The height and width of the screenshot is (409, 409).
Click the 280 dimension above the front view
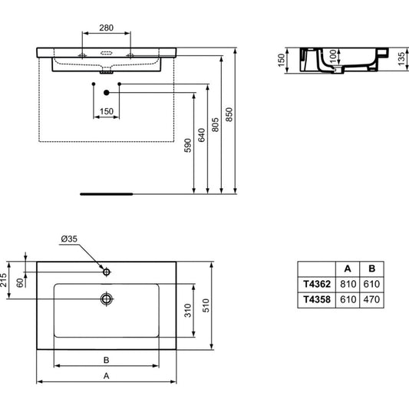[x=106, y=28]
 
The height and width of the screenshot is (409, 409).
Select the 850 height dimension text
[x=229, y=114]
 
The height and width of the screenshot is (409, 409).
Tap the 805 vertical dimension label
[x=215, y=124]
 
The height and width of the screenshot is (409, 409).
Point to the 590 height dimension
[x=187, y=145]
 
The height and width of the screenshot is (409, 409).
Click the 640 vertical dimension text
[x=201, y=135]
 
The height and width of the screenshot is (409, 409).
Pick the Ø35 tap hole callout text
[x=69, y=239]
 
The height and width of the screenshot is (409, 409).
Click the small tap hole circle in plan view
[x=106, y=272]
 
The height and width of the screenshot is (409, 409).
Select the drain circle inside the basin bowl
[x=107, y=299]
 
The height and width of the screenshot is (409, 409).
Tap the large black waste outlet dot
[x=106, y=93]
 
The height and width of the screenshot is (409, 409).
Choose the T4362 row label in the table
[x=317, y=284]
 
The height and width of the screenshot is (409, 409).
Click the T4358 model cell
[x=317, y=299]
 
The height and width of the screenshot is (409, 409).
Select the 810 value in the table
[x=348, y=284]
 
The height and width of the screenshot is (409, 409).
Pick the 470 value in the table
[x=371, y=299]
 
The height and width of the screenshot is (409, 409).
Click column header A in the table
[x=348, y=269]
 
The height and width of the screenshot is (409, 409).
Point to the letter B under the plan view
[x=106, y=360]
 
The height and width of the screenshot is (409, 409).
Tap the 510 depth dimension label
[x=206, y=305]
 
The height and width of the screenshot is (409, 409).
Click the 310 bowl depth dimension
[x=187, y=311]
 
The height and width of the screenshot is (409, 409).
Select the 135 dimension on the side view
[x=401, y=59]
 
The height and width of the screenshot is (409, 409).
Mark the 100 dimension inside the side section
[x=333, y=57]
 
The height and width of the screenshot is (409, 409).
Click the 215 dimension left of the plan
[x=3, y=280]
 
